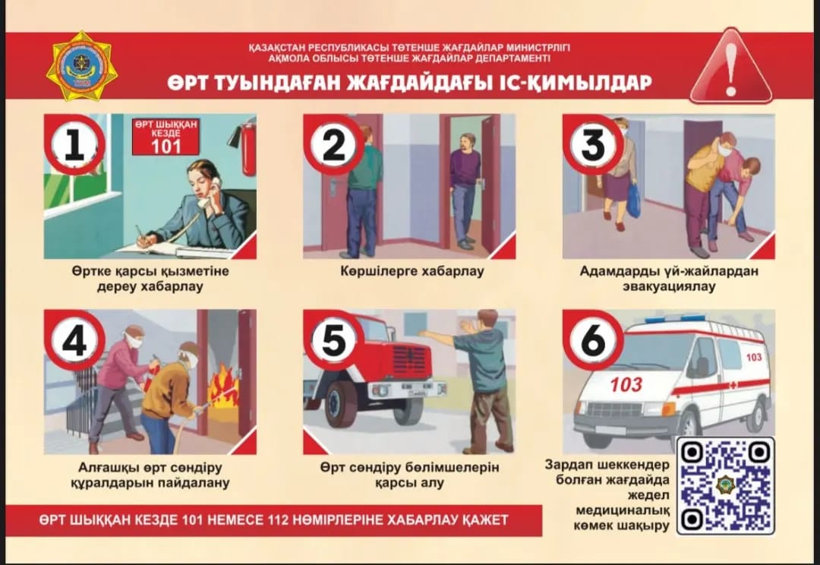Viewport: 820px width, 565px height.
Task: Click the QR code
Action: tap(725, 486)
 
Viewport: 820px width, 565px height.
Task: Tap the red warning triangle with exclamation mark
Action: tap(730, 67)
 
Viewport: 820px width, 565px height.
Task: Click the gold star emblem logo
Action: tap(81, 66)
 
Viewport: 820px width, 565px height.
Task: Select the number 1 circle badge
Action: tap(74, 145)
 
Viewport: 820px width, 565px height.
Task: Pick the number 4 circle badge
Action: tap(74, 340)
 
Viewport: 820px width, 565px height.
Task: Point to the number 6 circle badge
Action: tap(593, 340)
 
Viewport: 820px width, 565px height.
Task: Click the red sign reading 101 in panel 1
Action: tap(166, 137)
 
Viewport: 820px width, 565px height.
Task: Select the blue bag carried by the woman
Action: tap(632, 200)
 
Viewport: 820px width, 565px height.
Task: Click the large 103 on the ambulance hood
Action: tap(626, 385)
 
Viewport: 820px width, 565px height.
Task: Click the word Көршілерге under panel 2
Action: tap(378, 272)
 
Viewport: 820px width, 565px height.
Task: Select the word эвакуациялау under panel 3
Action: tap(669, 287)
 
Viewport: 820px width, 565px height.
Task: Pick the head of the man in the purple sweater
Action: tap(467, 142)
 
